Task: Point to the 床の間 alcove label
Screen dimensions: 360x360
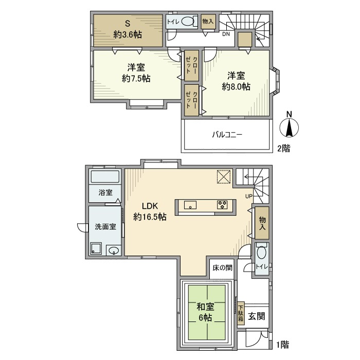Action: pyautogui.click(x=222, y=267)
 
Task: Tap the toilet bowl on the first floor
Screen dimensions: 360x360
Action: pyautogui.click(x=261, y=255)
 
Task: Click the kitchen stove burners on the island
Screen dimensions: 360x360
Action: pyautogui.click(x=223, y=204)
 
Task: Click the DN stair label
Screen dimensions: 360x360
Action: pyautogui.click(x=226, y=35)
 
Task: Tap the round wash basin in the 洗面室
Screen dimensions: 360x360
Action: pyautogui.click(x=114, y=251)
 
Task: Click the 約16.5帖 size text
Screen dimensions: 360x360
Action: pyautogui.click(x=150, y=217)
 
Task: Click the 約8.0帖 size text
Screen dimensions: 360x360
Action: pyautogui.click(x=236, y=87)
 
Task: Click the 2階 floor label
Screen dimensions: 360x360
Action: pyautogui.click(x=283, y=149)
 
